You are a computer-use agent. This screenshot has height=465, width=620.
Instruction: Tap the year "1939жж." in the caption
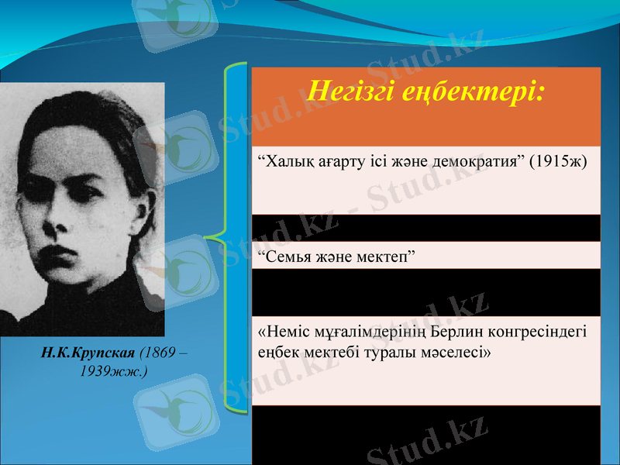[113, 370]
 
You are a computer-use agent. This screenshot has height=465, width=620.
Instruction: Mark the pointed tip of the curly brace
[209, 233]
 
